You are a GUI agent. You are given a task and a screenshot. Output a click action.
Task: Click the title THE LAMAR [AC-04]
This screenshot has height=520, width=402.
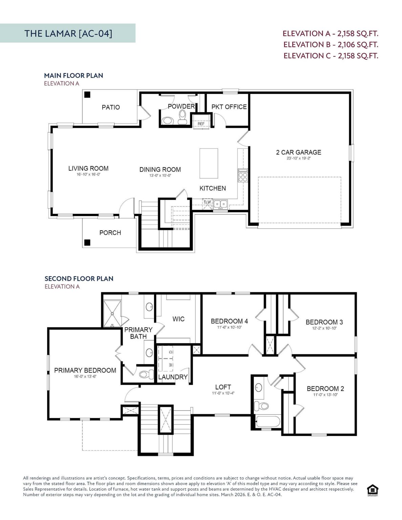point(68,33)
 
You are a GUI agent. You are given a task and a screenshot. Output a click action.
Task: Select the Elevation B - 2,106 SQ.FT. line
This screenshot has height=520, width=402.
point(331,44)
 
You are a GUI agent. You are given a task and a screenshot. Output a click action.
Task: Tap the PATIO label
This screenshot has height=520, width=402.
point(111,107)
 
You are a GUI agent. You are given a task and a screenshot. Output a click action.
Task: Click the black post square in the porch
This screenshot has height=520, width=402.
point(87,242)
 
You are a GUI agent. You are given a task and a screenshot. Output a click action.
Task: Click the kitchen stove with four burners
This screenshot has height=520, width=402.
point(243,175)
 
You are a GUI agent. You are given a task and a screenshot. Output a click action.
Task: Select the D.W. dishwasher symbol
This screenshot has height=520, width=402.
point(207,203)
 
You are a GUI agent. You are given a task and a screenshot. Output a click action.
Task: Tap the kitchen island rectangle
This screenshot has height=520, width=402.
point(209,163)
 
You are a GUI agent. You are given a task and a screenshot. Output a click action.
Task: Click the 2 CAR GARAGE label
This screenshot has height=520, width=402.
point(298,152)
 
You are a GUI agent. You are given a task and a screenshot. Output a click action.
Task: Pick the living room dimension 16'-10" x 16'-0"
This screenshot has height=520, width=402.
point(88,175)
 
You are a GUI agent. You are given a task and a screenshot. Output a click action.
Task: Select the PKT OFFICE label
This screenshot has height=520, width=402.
point(229,107)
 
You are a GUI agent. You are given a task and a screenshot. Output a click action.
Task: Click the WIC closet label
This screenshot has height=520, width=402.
point(178,319)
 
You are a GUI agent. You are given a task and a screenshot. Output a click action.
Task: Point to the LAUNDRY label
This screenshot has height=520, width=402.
point(173,377)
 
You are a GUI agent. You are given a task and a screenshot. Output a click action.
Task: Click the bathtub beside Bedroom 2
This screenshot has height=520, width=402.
point(268,422)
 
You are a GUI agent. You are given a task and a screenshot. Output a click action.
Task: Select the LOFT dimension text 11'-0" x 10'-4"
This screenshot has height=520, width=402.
point(223,393)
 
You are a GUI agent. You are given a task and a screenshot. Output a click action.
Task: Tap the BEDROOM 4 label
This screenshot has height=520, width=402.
point(229,321)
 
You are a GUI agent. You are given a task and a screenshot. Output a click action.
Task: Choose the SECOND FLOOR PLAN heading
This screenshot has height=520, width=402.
point(79,279)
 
